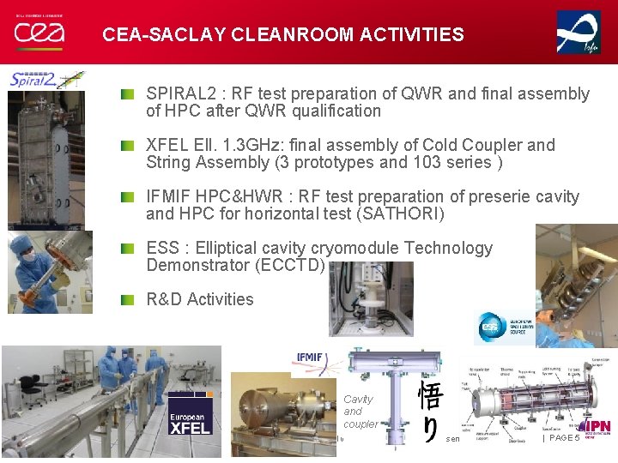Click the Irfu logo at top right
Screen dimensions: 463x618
coord(579,33)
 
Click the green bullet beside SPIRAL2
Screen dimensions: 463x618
coord(127,93)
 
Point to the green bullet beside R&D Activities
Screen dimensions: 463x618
coord(127,299)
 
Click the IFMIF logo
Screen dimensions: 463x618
coord(309,358)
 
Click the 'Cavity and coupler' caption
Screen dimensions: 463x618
coord(360,412)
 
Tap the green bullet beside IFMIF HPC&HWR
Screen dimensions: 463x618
coord(127,196)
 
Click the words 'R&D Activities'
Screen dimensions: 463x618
coord(200,299)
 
